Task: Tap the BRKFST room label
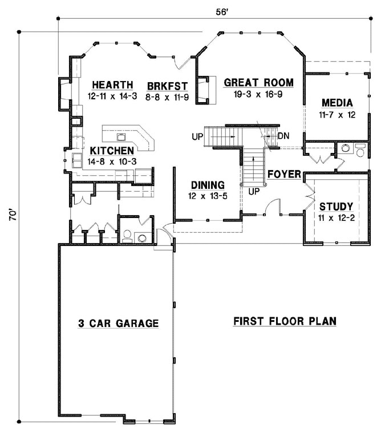pos(167,86)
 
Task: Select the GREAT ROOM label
pos(258,83)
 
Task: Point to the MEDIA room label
pos(337,103)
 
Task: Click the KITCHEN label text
pos(112,151)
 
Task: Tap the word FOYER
pos(284,174)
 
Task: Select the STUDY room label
pos(335,206)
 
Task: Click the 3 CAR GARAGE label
pos(117,323)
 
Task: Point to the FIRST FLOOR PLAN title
pos(285,321)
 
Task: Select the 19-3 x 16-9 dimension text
pos(258,94)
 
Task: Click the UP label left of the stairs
pos(197,136)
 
